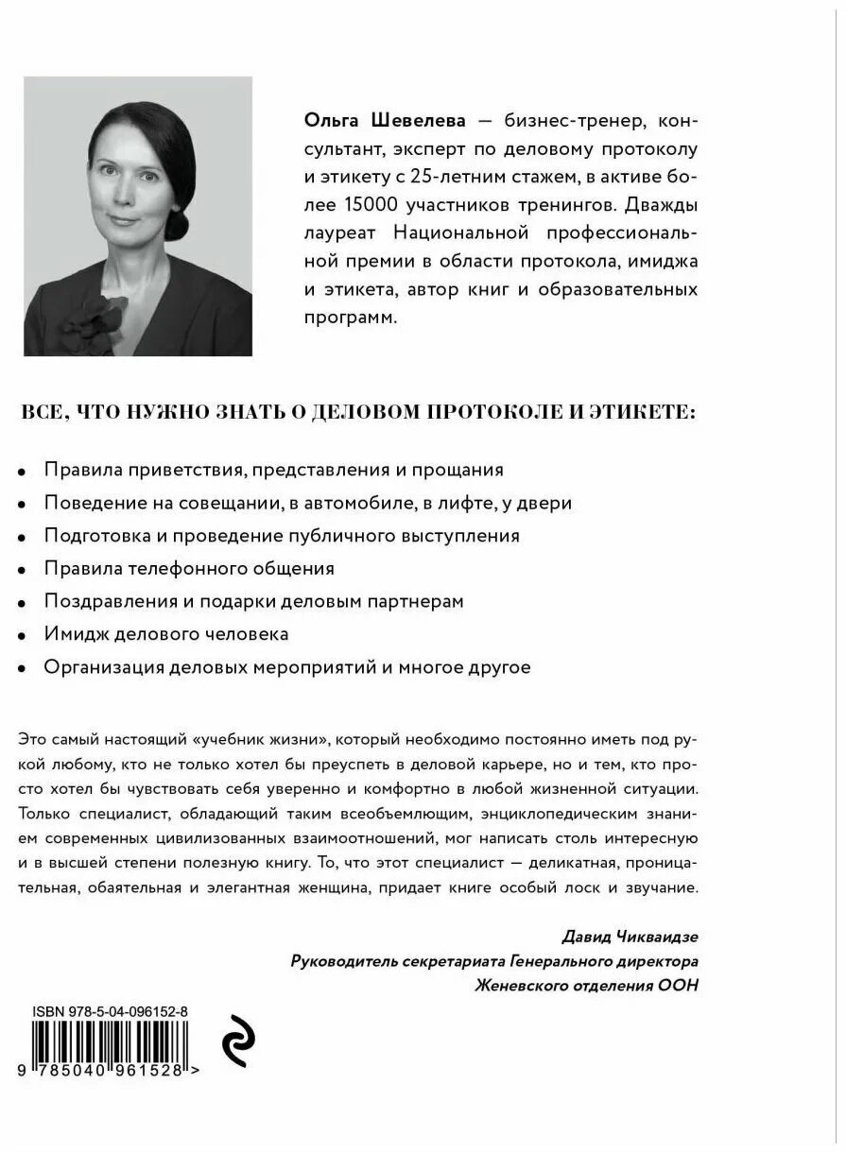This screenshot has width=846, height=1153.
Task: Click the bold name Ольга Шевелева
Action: click(371, 121)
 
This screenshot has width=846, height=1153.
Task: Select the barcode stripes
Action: click(110, 1044)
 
